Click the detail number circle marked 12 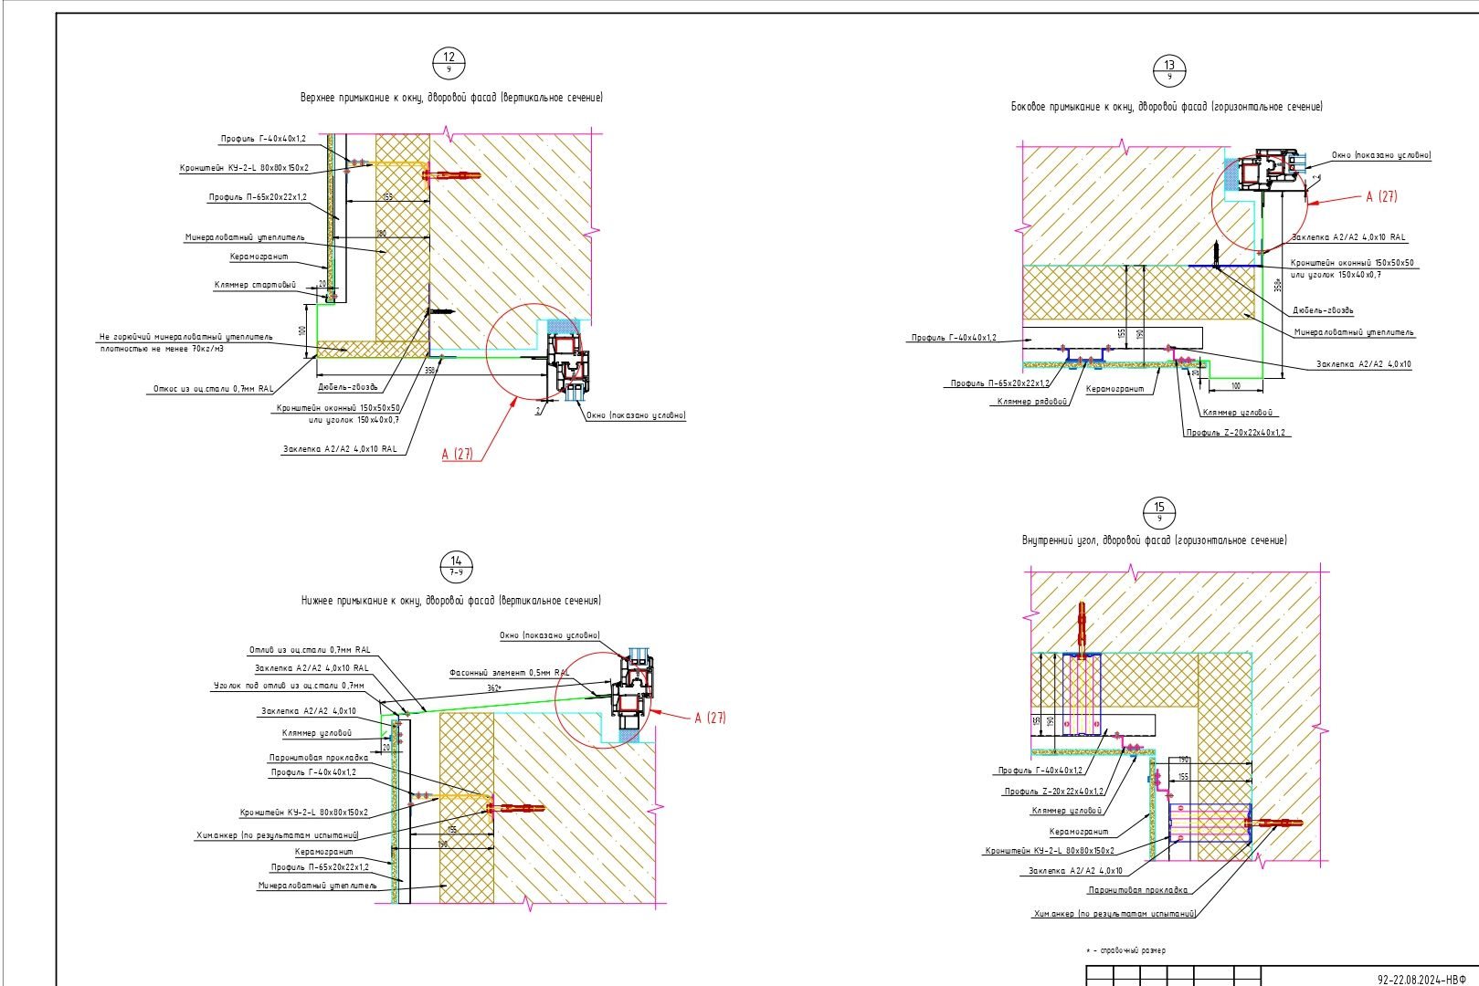449,62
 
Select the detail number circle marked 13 1169,69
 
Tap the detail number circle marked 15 1159,512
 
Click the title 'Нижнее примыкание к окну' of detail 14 451,601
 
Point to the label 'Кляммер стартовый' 255,285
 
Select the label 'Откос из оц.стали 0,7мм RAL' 212,389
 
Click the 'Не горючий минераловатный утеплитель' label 185,337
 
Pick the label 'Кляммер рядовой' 1032,402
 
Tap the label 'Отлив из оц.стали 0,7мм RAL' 310,650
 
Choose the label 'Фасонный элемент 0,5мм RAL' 509,673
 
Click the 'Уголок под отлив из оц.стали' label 289,685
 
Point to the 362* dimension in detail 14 494,688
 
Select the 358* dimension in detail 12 430,371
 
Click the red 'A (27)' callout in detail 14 710,718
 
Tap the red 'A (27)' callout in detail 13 1381,196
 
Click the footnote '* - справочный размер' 1125,950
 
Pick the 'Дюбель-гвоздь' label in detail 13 1323,310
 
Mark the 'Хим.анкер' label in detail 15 1115,913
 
